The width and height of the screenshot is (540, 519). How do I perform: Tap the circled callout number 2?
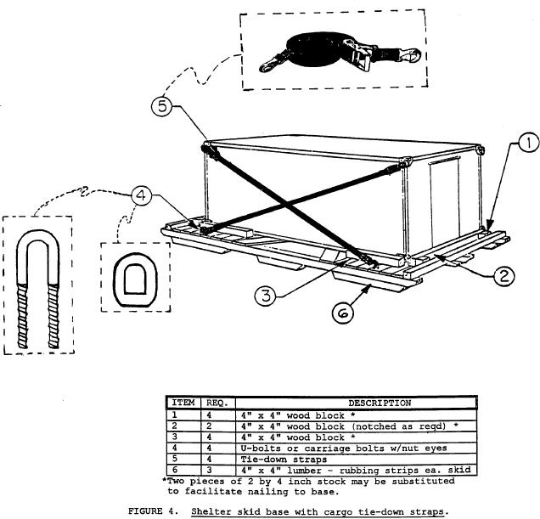[502, 274]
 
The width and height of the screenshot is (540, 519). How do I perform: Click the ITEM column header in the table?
[183, 403]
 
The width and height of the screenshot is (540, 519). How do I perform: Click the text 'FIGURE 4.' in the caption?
[155, 512]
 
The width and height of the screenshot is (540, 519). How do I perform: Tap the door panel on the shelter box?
[442, 203]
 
